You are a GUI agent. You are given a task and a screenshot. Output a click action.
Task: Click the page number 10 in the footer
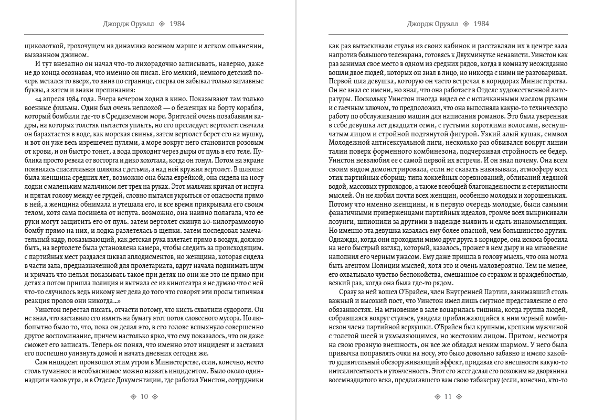click(x=143, y=397)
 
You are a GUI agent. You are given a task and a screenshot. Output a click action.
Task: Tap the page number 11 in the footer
click(x=448, y=397)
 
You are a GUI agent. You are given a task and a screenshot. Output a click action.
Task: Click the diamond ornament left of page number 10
click(x=133, y=397)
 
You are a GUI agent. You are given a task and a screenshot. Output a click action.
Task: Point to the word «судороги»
click(x=229, y=310)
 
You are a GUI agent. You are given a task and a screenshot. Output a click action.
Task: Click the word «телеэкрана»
click(x=403, y=55)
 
